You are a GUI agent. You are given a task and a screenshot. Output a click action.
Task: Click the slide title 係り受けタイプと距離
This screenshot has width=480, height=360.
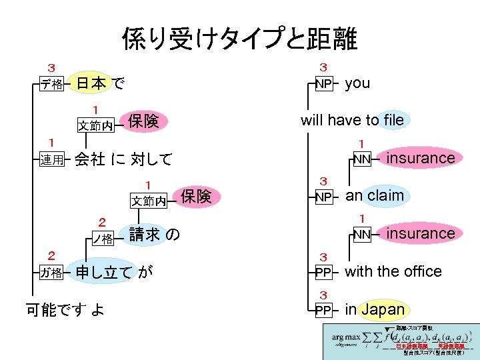tap(239, 39)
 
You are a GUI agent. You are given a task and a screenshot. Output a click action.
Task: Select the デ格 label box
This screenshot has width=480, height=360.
tap(51, 85)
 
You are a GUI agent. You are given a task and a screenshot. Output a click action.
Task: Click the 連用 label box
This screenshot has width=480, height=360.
tap(51, 160)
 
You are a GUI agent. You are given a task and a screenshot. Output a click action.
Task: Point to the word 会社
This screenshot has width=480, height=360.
tap(89, 159)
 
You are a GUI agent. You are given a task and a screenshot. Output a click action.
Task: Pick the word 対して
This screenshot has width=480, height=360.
tap(151, 159)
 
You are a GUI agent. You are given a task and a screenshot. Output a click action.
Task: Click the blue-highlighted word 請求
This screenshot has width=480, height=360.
tap(144, 234)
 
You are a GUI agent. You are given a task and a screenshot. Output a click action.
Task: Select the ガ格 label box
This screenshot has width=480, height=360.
tap(51, 273)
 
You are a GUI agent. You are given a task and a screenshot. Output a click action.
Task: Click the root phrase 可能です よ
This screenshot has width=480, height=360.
tap(64, 309)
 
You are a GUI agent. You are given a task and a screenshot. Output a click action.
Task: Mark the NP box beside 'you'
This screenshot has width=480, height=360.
tap(323, 84)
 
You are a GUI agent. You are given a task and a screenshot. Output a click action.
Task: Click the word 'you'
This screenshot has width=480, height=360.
tap(357, 83)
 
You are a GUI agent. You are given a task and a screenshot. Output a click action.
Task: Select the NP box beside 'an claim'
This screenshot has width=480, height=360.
tap(323, 197)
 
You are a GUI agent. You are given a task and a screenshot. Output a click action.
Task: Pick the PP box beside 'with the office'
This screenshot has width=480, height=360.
tap(323, 273)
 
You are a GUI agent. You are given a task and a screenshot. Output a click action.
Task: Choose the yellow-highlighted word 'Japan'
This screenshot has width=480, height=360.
tap(383, 309)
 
